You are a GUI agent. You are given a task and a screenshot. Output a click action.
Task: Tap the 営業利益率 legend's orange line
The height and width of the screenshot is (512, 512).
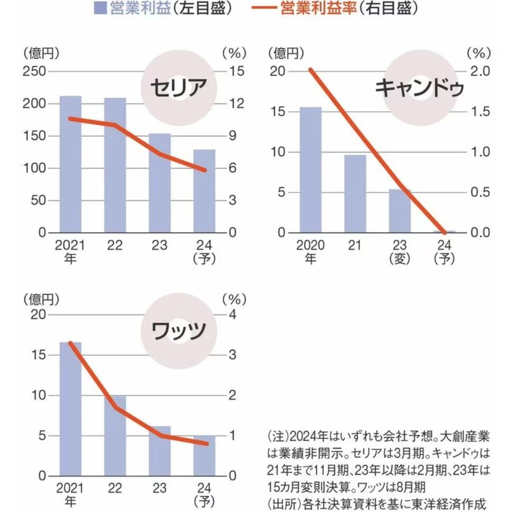coord(260,8)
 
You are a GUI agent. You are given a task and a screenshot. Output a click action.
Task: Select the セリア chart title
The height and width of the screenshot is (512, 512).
coord(179,87)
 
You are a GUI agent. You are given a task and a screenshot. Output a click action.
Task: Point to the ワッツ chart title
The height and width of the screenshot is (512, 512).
coord(179,330)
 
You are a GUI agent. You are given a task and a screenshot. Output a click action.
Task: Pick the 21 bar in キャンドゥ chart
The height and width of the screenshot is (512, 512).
coord(355,194)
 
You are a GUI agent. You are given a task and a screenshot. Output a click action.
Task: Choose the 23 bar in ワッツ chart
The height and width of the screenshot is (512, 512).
coord(160,451)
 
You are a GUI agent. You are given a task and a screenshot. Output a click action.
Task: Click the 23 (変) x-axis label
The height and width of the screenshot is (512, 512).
coord(399,252)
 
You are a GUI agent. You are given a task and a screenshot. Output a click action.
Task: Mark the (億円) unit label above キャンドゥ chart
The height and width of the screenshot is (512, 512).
coord(287,53)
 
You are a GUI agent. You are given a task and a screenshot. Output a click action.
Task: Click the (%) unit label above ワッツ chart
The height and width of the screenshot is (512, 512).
coord(234,299)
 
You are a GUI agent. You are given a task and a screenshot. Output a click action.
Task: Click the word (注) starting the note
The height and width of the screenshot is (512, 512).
coord(278,436)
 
